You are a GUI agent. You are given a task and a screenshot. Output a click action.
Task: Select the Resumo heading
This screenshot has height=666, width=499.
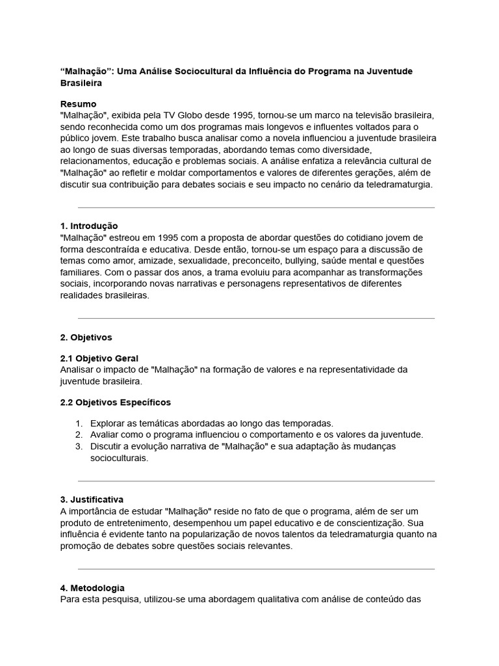(x=78, y=104)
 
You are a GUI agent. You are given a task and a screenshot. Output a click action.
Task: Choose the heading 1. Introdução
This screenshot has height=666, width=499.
(x=89, y=226)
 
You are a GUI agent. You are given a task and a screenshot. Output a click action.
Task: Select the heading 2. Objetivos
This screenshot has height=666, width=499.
(x=86, y=337)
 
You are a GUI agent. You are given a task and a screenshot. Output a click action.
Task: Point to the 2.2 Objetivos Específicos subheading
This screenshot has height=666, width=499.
(x=115, y=402)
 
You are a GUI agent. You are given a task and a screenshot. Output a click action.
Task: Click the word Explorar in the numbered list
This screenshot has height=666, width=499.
(x=109, y=423)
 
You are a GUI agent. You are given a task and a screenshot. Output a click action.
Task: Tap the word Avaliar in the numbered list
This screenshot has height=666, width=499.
(x=105, y=434)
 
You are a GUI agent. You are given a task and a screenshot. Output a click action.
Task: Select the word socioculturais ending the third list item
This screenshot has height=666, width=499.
(x=119, y=458)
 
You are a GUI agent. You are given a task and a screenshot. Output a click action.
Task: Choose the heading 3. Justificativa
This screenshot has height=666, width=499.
(x=92, y=499)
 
